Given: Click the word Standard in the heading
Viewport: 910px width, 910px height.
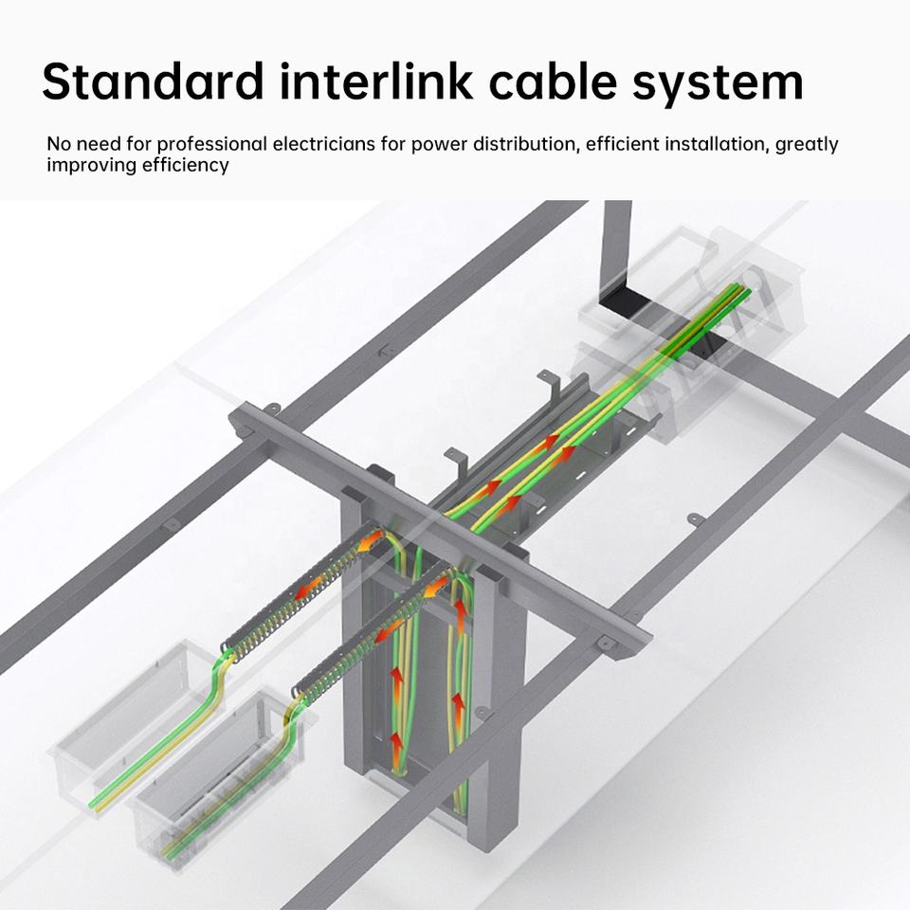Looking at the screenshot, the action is point(153,81).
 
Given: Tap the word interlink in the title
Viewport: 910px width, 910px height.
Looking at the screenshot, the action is point(375,81).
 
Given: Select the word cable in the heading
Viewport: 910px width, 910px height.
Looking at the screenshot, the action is point(553,81).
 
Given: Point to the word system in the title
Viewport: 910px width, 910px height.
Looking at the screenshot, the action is point(718,85).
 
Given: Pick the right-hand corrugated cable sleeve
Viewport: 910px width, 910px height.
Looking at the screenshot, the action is point(374,635).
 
